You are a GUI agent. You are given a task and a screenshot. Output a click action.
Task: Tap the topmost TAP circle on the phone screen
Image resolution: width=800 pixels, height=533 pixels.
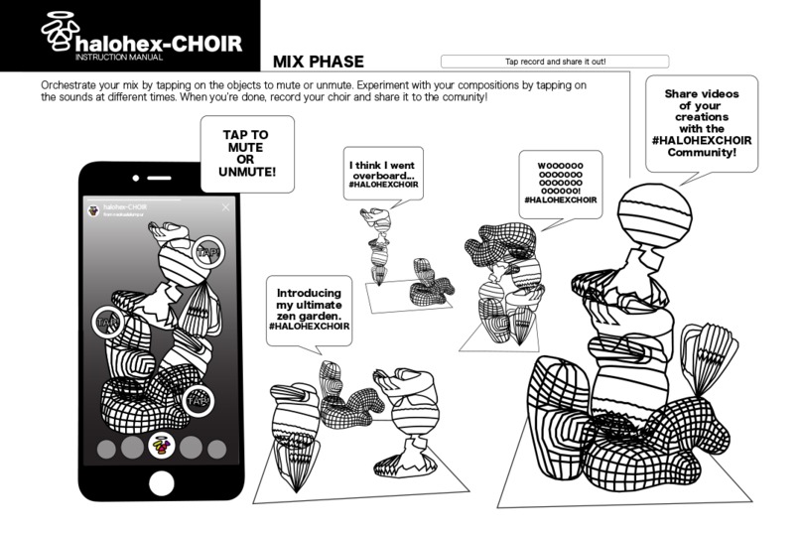pyautogui.click(x=207, y=253)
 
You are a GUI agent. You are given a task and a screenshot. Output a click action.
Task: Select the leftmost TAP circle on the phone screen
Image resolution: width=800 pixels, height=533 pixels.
pyautogui.click(x=108, y=323)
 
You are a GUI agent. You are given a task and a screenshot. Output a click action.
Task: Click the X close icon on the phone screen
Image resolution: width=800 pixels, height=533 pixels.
pyautogui.click(x=226, y=207)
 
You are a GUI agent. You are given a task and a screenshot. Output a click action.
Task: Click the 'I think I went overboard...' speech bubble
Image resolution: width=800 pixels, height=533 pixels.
pyautogui.click(x=382, y=175)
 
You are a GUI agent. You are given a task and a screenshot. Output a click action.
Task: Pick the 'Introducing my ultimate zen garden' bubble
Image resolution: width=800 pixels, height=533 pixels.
pyautogui.click(x=311, y=309)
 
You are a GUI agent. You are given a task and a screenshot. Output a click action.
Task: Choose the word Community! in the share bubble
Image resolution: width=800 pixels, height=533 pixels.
pyautogui.click(x=702, y=153)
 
